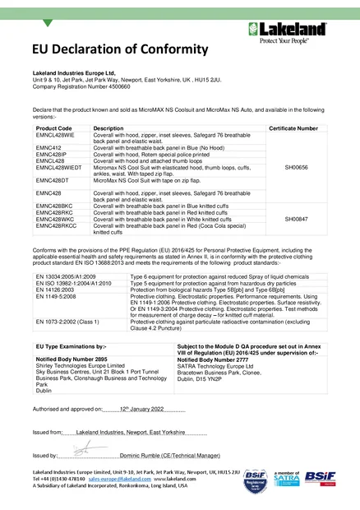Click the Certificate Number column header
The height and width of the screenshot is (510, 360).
[293, 129]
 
